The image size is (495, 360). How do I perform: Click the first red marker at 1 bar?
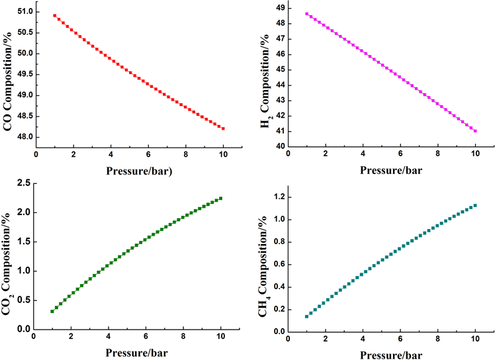pos(55,15)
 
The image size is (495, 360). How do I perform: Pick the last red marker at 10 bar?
pos(223,128)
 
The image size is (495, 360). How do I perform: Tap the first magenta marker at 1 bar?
pos(306,13)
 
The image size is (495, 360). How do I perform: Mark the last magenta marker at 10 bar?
pos(475,131)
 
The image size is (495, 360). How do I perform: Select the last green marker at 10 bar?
pos(221,198)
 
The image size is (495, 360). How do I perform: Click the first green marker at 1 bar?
pos(52,311)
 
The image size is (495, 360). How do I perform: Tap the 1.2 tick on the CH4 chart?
pos(277,197)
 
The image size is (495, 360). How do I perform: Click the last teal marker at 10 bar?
pos(475,205)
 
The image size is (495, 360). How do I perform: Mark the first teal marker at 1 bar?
pos(306,316)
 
